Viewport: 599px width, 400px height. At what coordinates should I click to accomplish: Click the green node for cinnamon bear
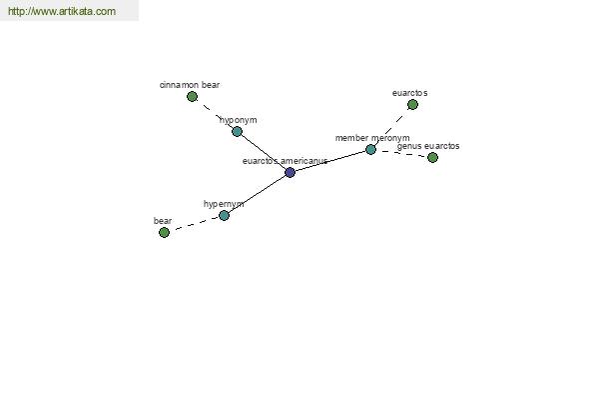[x=192, y=96]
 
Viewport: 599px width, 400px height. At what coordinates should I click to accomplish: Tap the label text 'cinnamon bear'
[x=190, y=85]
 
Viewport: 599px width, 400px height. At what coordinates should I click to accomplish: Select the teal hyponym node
[x=237, y=132]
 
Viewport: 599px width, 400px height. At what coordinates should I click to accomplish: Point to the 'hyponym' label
[x=238, y=120]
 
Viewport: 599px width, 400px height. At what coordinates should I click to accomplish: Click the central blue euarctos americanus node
[x=290, y=172]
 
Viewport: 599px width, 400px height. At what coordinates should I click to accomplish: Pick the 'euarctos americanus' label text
[x=285, y=161]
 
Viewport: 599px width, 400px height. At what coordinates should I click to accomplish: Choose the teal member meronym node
[x=370, y=149]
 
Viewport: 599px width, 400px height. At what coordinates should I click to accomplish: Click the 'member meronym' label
[x=372, y=138]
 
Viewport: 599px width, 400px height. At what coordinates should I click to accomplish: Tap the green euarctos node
[x=412, y=104]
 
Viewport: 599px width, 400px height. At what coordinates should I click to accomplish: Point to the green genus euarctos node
[x=432, y=157]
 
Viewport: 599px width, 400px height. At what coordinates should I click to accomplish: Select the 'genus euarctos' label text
[x=428, y=146]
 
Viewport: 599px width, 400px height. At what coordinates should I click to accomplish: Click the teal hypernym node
[x=224, y=216]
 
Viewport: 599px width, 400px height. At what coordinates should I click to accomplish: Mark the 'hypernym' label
[x=224, y=204]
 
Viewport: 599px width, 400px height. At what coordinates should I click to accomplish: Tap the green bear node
[x=164, y=232]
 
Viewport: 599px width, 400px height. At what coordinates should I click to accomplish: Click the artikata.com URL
[x=62, y=11]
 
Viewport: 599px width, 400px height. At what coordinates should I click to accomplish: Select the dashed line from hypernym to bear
[x=194, y=224]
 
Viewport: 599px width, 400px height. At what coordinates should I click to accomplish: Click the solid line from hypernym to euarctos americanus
[x=257, y=194]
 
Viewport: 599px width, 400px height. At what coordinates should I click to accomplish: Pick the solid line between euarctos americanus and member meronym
[x=330, y=161]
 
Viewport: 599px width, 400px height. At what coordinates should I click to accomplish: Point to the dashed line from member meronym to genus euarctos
[x=402, y=152]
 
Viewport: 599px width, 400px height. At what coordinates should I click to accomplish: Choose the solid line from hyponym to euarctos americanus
[x=264, y=152]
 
